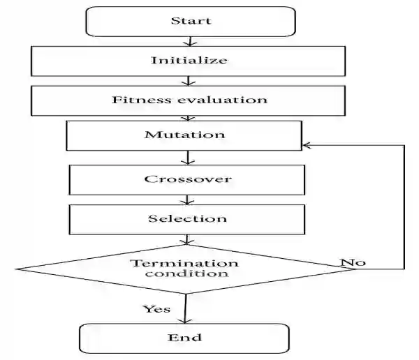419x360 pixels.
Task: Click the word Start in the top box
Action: coord(191,20)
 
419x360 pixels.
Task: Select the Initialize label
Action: coord(189,60)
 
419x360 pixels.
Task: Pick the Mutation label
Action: coord(184,134)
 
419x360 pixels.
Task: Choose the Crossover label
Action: coord(188,179)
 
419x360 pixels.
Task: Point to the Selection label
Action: coord(187,218)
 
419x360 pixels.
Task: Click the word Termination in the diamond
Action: coord(185,263)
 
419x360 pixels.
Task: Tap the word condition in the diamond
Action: coord(185,273)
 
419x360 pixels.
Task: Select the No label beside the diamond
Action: coord(353,263)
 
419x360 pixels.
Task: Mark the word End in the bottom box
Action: coord(184,338)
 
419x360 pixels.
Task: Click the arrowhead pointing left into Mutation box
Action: coord(305,145)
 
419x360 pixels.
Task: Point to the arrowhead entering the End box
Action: coord(184,320)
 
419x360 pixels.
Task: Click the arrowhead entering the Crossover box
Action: coord(185,161)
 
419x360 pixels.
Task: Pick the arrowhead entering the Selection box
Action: coord(185,201)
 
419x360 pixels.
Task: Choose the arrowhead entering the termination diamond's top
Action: coord(185,241)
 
